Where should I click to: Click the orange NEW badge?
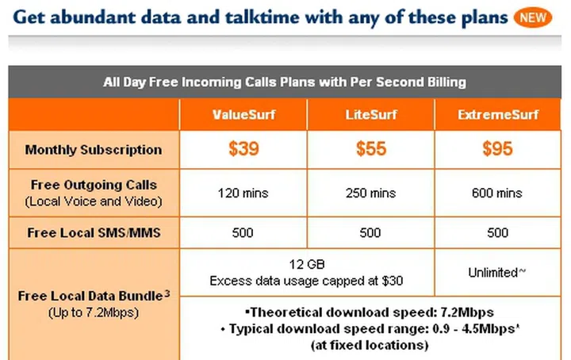(532, 17)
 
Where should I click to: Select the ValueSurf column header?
(243, 114)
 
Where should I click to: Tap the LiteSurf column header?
(370, 114)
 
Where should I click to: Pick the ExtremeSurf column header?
(498, 114)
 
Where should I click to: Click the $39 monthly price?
(243, 149)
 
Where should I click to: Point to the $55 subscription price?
(370, 149)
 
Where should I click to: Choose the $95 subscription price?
(498, 149)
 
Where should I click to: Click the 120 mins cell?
(243, 193)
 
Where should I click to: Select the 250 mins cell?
(370, 193)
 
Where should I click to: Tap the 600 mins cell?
(498, 193)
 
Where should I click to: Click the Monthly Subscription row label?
(94, 150)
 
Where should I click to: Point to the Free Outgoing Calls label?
(94, 186)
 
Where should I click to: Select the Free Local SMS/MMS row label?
(94, 233)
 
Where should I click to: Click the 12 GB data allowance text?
(307, 264)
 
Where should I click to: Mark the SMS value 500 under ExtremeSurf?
(498, 233)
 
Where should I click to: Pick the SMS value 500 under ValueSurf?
(243, 233)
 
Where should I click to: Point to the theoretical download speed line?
(370, 312)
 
